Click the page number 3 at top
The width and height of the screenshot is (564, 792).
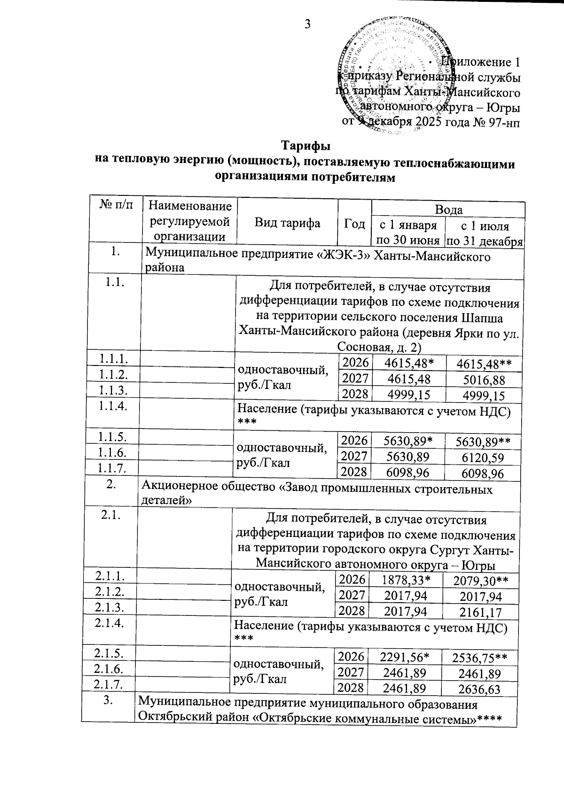point(307,23)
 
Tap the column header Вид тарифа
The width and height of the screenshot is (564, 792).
point(287,223)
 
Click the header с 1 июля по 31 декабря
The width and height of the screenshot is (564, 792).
point(485,233)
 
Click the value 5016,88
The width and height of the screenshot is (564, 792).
point(484,379)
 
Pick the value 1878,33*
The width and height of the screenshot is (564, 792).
point(407,581)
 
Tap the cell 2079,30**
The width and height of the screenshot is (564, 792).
point(480,582)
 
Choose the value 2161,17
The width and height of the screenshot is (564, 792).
point(480,612)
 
